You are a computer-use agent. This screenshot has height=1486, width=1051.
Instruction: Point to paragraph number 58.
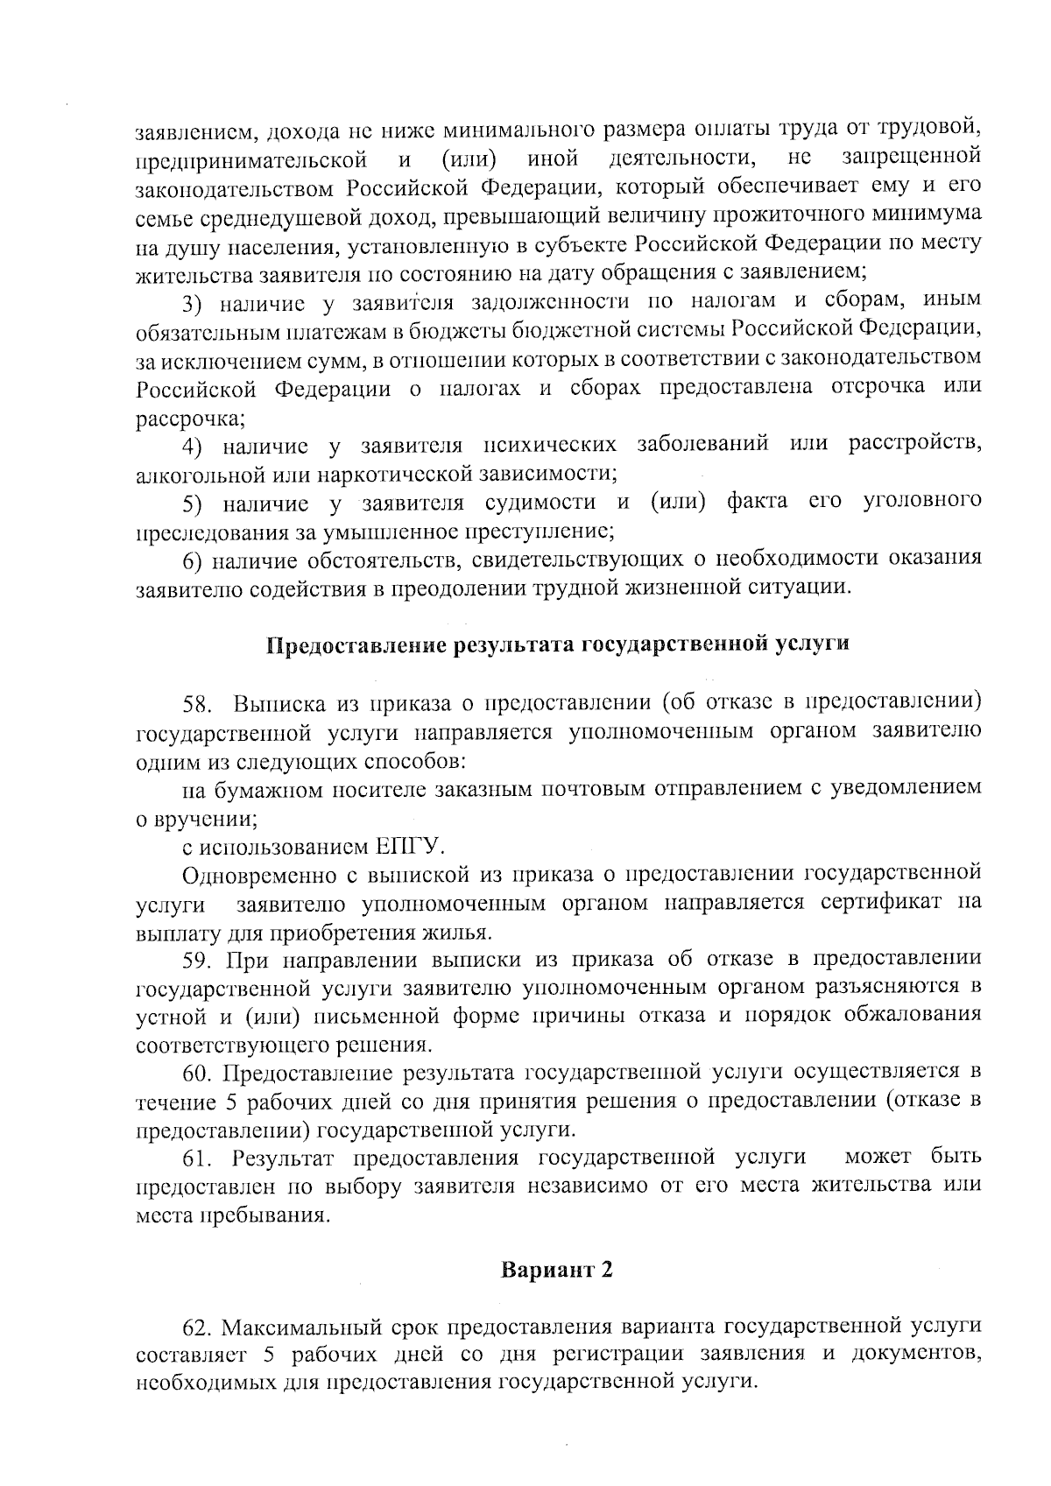pyautogui.click(x=195, y=704)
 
